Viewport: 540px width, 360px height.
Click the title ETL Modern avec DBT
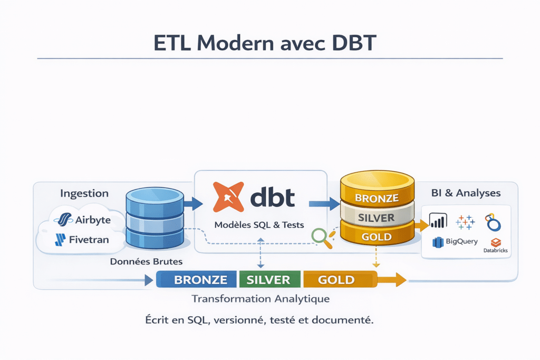(265, 44)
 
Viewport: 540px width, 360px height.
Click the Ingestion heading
(84, 193)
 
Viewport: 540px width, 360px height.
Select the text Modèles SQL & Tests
(259, 225)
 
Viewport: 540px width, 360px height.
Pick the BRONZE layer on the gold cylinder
(376, 198)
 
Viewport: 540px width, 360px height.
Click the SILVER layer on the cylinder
(376, 218)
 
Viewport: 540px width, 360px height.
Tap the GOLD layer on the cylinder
(376, 237)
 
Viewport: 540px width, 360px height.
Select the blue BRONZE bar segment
(197, 279)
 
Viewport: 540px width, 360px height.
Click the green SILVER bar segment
(269, 279)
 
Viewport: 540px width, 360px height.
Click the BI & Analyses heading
(466, 193)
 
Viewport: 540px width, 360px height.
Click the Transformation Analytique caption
(261, 299)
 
